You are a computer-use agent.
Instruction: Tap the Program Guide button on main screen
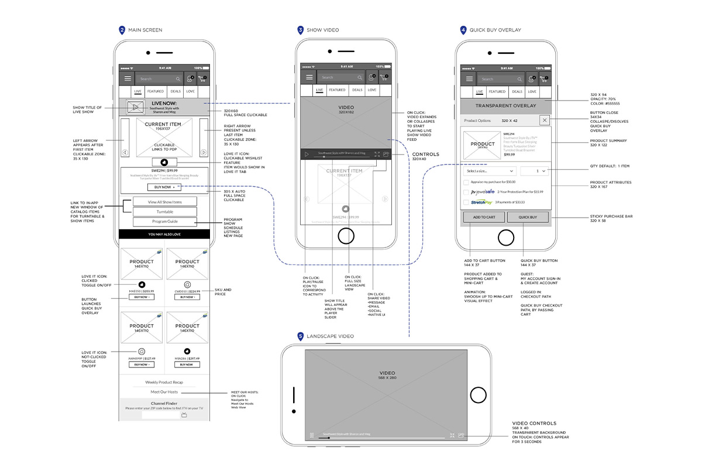(x=164, y=222)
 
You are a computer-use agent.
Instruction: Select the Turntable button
(x=164, y=212)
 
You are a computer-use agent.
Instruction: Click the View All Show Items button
(x=164, y=202)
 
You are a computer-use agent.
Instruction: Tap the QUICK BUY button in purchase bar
(x=528, y=217)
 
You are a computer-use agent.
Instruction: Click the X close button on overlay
(x=544, y=120)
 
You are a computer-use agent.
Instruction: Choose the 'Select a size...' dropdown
(x=490, y=171)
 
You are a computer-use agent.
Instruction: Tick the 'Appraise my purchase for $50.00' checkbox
(x=466, y=182)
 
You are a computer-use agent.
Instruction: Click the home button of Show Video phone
(x=346, y=236)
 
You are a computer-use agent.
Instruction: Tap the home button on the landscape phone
(x=479, y=394)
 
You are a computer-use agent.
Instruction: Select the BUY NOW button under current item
(x=164, y=187)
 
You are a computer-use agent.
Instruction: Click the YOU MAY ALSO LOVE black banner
(x=164, y=234)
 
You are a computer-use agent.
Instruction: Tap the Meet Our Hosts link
(x=164, y=392)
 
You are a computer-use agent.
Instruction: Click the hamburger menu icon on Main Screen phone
(x=128, y=78)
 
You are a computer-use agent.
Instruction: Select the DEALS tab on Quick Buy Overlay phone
(x=517, y=92)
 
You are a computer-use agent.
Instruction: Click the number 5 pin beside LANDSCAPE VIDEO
(x=301, y=336)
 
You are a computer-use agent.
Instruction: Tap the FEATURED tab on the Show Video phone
(x=337, y=90)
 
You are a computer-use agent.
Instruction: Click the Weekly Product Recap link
(x=164, y=382)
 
